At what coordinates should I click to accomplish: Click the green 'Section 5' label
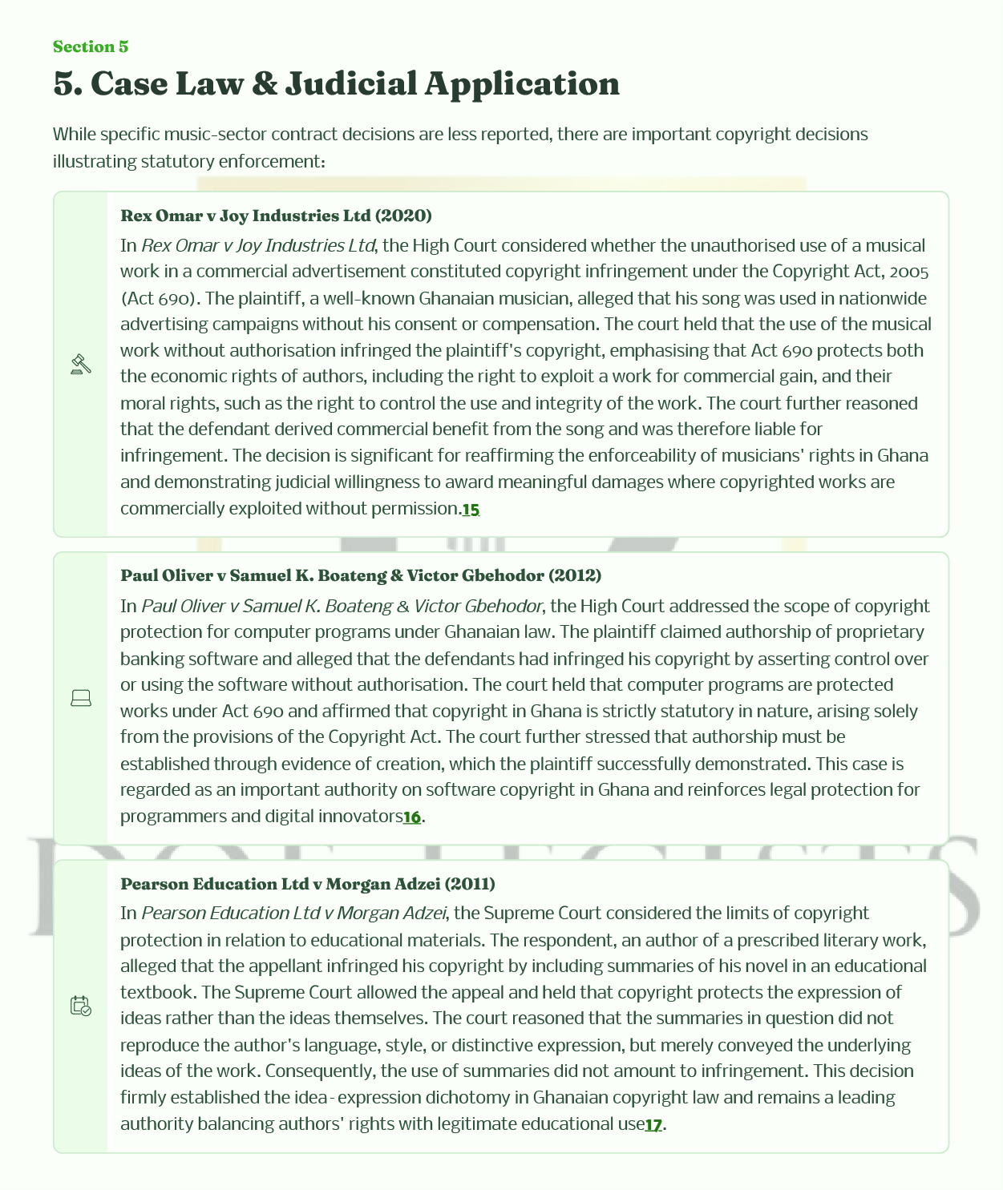click(x=91, y=46)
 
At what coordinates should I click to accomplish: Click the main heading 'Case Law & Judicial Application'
click(x=336, y=84)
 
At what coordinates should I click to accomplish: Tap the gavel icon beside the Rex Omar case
click(x=81, y=364)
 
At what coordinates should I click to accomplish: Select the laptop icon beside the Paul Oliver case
click(x=81, y=699)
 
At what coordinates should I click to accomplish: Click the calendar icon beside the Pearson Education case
click(x=81, y=1006)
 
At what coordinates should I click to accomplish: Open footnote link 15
click(x=471, y=509)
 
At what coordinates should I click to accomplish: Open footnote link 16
click(x=411, y=817)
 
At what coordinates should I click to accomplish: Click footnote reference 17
click(x=653, y=1124)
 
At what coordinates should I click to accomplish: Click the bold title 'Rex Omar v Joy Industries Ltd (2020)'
click(x=276, y=216)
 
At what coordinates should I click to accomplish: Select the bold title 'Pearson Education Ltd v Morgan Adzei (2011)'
click(x=307, y=884)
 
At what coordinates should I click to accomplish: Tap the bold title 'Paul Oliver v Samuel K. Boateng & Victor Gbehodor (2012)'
click(x=361, y=575)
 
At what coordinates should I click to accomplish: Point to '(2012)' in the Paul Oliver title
click(x=575, y=575)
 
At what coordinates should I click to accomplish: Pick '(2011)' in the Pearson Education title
click(x=470, y=884)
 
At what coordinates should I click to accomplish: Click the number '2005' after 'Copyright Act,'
click(x=908, y=272)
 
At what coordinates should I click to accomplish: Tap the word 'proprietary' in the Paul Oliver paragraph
click(x=880, y=632)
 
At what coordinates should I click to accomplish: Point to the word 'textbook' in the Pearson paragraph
click(x=157, y=992)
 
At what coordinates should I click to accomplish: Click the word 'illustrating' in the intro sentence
click(x=95, y=161)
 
